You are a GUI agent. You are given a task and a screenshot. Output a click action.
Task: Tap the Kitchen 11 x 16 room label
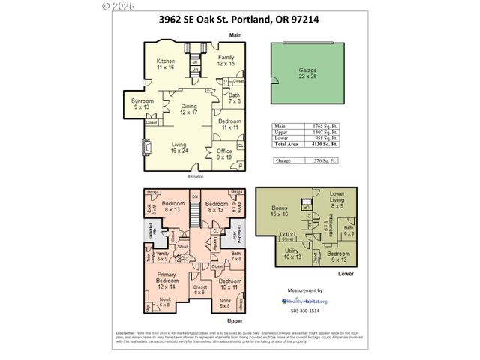(x=166, y=64)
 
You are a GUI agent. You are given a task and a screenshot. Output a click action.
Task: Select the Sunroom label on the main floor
(x=142, y=103)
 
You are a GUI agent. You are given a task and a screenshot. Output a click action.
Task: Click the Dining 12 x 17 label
(x=189, y=109)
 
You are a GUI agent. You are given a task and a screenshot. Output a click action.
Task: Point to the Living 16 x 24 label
(x=178, y=148)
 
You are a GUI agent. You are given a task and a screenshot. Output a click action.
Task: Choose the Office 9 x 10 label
(x=225, y=154)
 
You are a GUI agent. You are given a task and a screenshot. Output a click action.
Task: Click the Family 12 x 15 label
(x=226, y=60)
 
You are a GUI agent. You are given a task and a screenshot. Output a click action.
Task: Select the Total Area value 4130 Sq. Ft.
(x=325, y=145)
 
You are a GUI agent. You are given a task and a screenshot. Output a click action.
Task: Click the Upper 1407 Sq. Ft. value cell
(x=325, y=133)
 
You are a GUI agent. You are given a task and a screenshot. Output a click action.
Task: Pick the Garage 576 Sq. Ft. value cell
(x=325, y=160)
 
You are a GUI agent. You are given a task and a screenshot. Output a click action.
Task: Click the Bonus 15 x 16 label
(x=280, y=211)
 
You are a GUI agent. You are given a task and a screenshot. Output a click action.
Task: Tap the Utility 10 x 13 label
(x=292, y=253)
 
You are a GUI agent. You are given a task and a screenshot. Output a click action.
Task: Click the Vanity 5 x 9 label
(x=161, y=256)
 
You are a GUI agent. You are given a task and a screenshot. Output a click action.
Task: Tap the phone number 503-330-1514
(x=304, y=310)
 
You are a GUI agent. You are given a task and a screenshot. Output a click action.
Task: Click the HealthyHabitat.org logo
(x=304, y=300)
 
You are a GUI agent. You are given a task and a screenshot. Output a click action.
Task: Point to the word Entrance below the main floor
(x=196, y=176)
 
